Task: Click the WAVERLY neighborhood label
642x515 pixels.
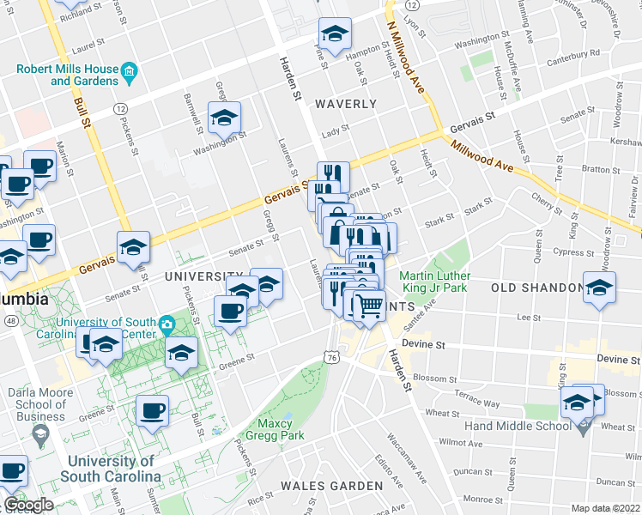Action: pyautogui.click(x=345, y=104)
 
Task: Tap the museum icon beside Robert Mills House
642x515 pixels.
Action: pyautogui.click(x=130, y=70)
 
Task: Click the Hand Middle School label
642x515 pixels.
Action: pyautogui.click(x=517, y=426)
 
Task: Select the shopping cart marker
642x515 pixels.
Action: pyautogui.click(x=369, y=305)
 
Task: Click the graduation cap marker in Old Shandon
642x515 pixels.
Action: pyautogui.click(x=599, y=287)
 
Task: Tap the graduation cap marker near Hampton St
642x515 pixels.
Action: pyautogui.click(x=335, y=33)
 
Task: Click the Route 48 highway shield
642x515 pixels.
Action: pyautogui.click(x=9, y=320)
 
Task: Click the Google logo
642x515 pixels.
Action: pyautogui.click(x=28, y=505)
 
